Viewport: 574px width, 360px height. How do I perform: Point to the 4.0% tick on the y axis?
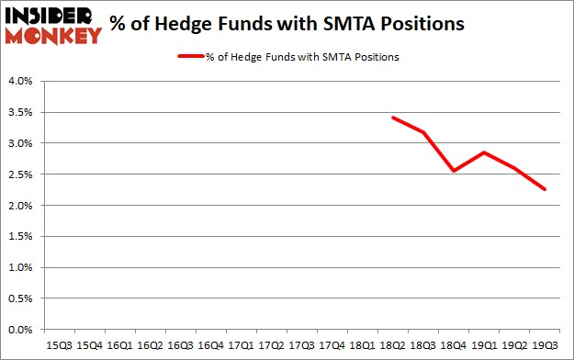[x=20, y=81]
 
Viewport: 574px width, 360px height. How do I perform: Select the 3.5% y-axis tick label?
[x=20, y=112]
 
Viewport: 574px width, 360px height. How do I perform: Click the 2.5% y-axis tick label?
[x=20, y=174]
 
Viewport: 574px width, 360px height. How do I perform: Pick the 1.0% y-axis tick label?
[x=20, y=267]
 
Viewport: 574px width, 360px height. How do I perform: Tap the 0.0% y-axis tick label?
[x=20, y=330]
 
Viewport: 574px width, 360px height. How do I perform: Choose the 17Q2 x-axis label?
[x=272, y=345]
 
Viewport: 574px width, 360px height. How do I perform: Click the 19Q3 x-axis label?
[x=545, y=345]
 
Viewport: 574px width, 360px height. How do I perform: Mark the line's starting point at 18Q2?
[x=392, y=118]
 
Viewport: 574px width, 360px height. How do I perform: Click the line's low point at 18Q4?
[x=453, y=171]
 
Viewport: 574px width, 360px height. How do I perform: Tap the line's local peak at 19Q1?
[x=483, y=152]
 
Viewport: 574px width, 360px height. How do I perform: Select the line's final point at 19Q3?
[x=545, y=189]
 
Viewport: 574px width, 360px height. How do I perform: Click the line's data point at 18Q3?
[x=422, y=132]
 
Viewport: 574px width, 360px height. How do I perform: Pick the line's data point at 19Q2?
[x=514, y=167]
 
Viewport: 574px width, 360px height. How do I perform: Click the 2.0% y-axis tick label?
[x=20, y=206]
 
